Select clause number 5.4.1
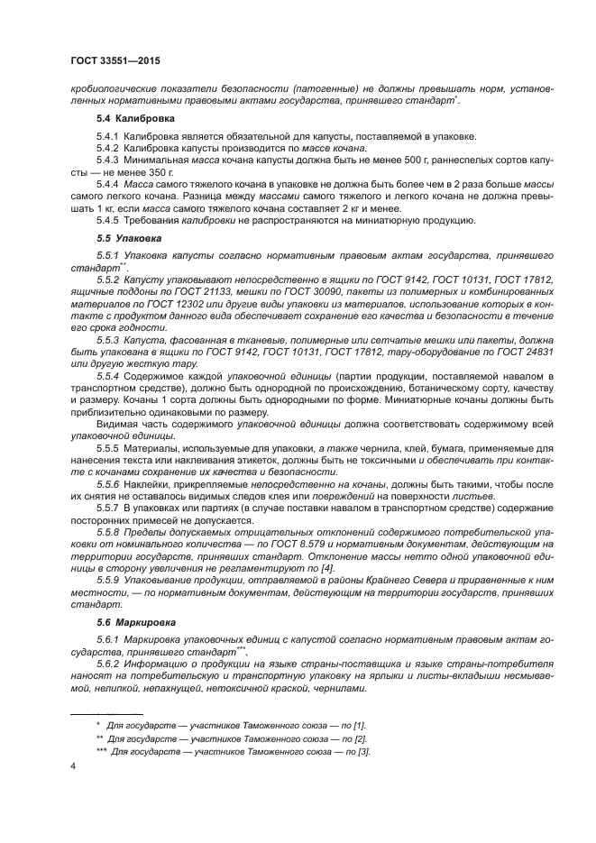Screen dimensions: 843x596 108,135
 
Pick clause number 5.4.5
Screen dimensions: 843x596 108,220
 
